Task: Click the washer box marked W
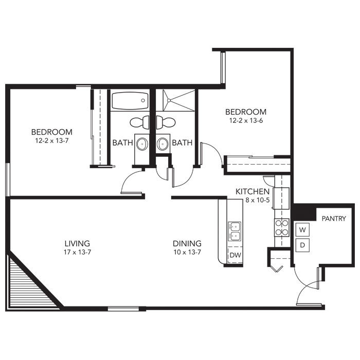click(x=302, y=229)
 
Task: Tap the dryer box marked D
click(x=302, y=245)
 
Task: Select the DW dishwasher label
click(x=236, y=255)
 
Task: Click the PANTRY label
click(x=334, y=219)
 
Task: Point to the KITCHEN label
click(x=253, y=191)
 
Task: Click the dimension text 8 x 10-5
click(x=257, y=200)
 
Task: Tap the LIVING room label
click(x=77, y=243)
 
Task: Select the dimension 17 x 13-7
click(x=77, y=252)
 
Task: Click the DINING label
click(x=187, y=243)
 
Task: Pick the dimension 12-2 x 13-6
click(x=246, y=120)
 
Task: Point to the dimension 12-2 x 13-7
click(x=52, y=140)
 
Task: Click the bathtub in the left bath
click(x=130, y=101)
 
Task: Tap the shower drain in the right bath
click(x=169, y=100)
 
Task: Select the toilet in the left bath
click(x=139, y=122)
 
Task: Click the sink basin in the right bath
click(x=163, y=144)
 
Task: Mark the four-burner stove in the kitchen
click(x=282, y=227)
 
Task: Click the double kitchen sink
click(x=235, y=231)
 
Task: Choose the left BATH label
click(x=122, y=143)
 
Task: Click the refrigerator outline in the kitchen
click(x=282, y=199)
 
